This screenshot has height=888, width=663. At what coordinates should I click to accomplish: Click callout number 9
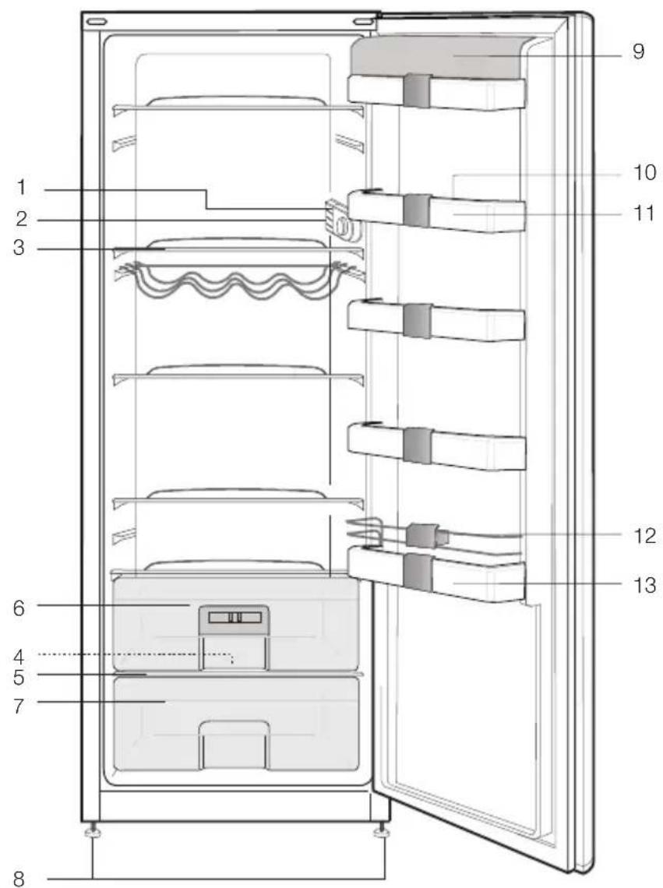coord(639,51)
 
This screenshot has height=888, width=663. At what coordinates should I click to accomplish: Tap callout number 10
coord(644,172)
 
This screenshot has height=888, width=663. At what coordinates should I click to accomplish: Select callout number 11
coord(644,213)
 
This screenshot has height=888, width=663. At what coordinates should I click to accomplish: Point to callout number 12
coord(644,535)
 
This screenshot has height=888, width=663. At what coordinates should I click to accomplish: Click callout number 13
coord(644,584)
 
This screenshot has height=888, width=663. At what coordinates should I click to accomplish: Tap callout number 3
coord(19,248)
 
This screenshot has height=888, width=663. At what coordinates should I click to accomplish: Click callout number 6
coord(19,608)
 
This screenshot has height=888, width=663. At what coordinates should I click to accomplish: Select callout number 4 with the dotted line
coord(19,657)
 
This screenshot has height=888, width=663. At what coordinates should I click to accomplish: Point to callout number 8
coord(19,879)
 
